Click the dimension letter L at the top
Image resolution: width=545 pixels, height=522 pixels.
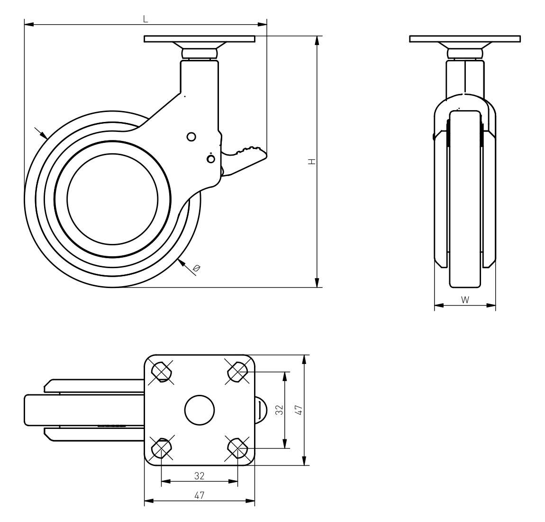point(145,19)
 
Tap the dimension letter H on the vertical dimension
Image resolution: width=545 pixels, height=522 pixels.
point(312,161)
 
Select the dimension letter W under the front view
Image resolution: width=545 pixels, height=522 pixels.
point(465,299)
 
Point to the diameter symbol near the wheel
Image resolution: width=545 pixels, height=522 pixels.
point(196,268)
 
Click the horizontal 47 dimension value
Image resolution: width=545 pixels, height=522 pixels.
point(199,495)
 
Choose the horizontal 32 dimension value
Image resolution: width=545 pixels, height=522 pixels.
point(199,475)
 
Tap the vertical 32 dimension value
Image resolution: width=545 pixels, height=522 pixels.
point(280,410)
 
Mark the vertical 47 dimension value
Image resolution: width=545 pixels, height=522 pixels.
point(299,410)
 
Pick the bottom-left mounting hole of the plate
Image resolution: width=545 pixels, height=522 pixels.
point(161,448)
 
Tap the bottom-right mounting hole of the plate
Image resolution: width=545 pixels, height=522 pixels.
point(238,448)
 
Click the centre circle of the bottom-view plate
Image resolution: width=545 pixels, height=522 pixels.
point(200,410)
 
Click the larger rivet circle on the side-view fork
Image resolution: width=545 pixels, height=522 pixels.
point(191,137)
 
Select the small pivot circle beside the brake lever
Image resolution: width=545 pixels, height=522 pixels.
point(210,159)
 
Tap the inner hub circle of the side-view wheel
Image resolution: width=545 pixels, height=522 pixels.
point(112,199)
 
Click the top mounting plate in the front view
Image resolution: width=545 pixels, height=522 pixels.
point(465,38)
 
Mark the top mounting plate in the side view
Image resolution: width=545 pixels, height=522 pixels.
point(200,38)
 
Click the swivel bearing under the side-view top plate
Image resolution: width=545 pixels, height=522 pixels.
point(200,54)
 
